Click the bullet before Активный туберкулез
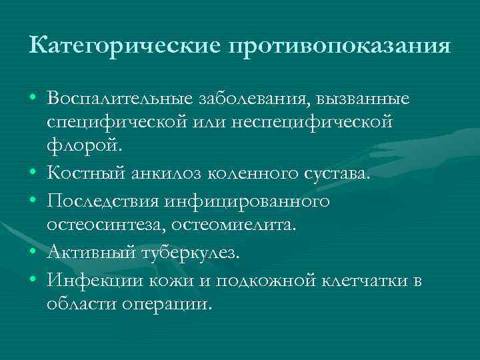(33, 254)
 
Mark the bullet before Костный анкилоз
(33, 175)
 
